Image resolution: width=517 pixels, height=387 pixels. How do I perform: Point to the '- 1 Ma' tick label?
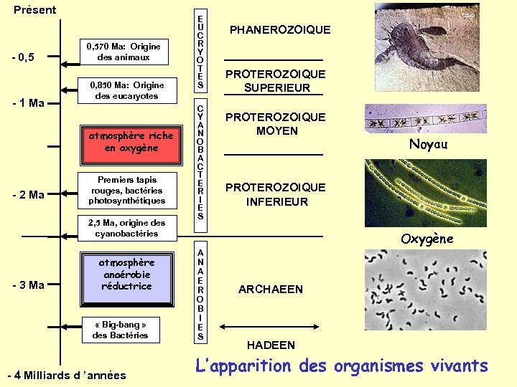pyautogui.click(x=29, y=102)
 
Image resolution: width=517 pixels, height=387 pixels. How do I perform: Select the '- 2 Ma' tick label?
pyautogui.click(x=29, y=195)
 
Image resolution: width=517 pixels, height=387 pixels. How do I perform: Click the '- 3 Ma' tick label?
pyautogui.click(x=29, y=285)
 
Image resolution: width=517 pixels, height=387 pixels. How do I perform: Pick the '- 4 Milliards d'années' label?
pyautogui.click(x=66, y=375)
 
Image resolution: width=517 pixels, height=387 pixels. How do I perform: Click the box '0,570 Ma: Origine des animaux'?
pyautogui.click(x=124, y=52)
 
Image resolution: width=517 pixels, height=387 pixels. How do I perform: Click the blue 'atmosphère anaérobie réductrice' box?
pyautogui.click(x=126, y=274)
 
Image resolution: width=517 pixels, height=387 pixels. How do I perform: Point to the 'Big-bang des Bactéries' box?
pyautogui.click(x=120, y=330)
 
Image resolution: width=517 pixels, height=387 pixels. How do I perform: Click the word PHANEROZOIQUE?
pyautogui.click(x=280, y=30)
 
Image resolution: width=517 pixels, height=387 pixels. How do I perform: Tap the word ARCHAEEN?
pyautogui.click(x=271, y=290)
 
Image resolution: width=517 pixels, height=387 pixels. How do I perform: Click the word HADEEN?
pyautogui.click(x=271, y=345)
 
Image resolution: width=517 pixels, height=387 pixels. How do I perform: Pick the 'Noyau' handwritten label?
pyautogui.click(x=428, y=144)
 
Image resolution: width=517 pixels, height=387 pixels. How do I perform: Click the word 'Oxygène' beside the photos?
pyautogui.click(x=427, y=239)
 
